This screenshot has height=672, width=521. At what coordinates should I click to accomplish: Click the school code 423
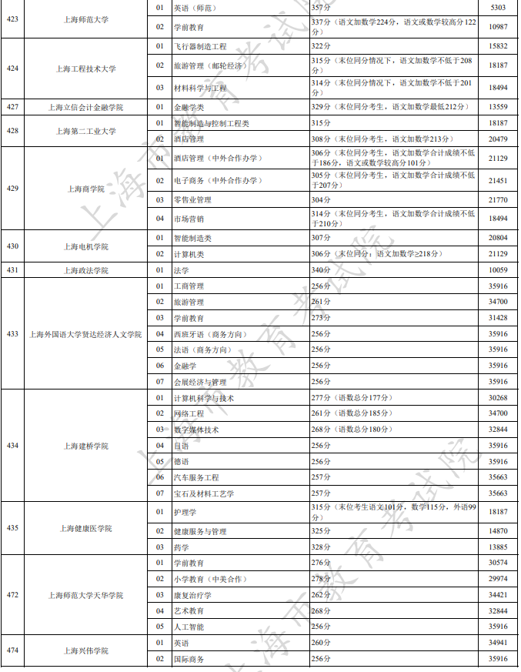12,19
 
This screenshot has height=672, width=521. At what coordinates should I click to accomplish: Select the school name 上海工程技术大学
85,69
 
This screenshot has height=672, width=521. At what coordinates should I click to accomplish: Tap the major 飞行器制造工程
200,47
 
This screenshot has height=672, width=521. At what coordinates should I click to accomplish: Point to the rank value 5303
498,8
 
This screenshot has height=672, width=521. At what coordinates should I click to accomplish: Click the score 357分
321,8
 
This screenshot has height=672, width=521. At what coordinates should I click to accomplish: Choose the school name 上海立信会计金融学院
85,107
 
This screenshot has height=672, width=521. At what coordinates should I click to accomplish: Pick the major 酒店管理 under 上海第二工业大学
189,139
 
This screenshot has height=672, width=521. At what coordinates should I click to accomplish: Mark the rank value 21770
498,200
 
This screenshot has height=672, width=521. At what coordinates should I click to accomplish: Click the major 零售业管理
192,200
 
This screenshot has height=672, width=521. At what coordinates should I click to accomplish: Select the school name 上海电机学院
85,247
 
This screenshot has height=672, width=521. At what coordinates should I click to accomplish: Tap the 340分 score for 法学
321,270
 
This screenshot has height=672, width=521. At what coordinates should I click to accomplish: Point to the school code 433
12,334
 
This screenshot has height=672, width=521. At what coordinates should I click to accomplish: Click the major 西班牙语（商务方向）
209,334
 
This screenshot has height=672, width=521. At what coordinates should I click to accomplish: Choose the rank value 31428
498,318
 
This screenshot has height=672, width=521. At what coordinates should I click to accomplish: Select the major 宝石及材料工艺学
204,493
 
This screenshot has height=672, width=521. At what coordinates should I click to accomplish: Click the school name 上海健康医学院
85,529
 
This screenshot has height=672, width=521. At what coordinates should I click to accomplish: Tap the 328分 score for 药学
321,547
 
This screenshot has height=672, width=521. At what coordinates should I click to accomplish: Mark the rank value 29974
498,579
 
